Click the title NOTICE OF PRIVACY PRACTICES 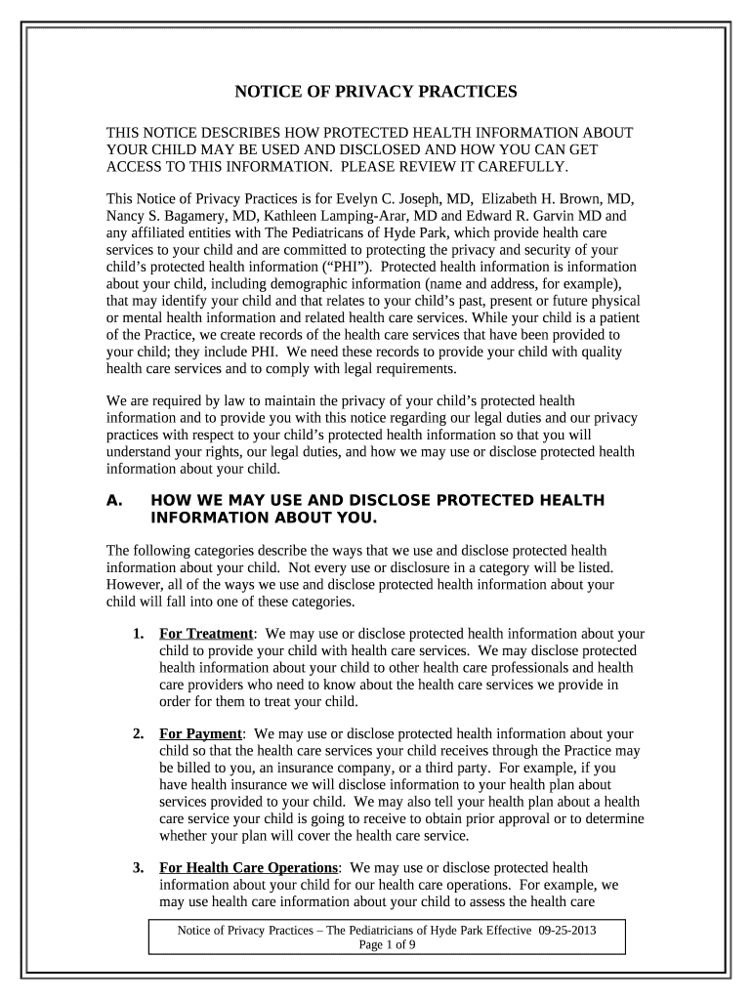tap(375, 93)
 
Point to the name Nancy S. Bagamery tap(169, 216)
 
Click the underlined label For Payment tap(200, 733)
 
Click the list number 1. tap(140, 633)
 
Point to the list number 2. tap(140, 733)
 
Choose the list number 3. tap(140, 867)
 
